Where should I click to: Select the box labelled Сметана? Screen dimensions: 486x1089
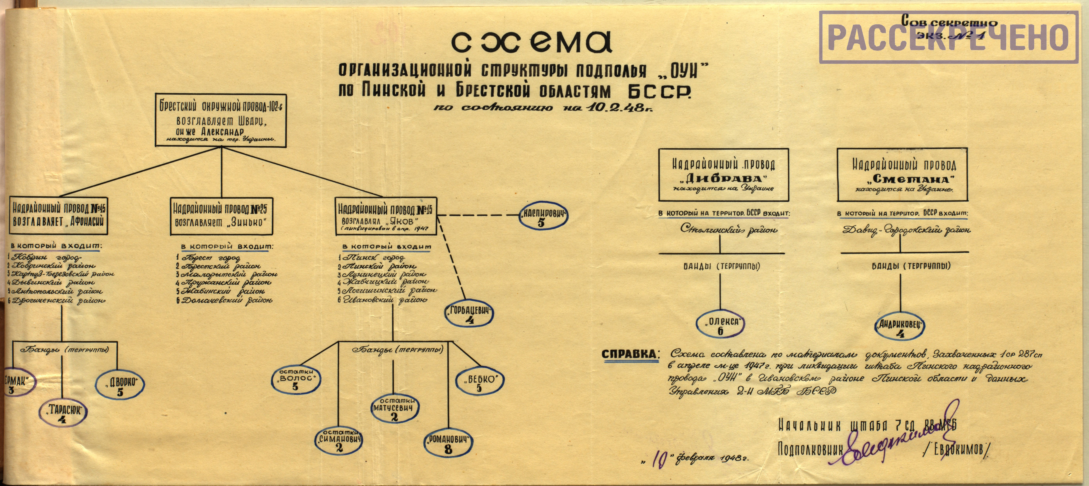pyautogui.click(x=903, y=175)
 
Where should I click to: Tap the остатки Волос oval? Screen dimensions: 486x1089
pyautogui.click(x=295, y=379)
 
